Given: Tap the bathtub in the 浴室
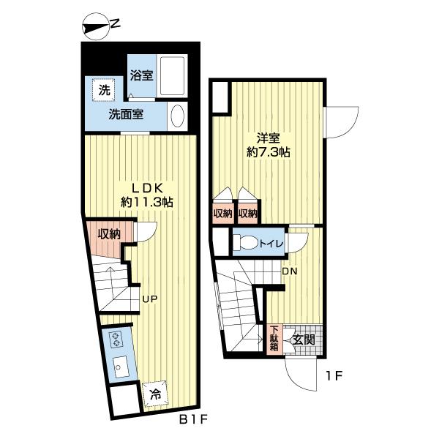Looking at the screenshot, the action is click(x=172, y=76).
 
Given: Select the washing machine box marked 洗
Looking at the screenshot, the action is click(x=104, y=90).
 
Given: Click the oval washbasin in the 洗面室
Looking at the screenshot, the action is click(x=178, y=116).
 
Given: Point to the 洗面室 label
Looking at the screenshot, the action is click(x=126, y=114).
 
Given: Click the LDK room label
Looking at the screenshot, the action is click(x=147, y=189).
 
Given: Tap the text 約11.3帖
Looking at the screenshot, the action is click(x=147, y=202).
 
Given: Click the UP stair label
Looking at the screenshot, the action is click(x=150, y=299).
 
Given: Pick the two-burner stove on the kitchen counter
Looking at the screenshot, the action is click(x=116, y=339).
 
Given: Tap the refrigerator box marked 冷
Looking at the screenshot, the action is click(x=155, y=395).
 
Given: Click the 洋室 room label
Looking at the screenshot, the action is click(x=269, y=138).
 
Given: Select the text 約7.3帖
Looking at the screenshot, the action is click(x=269, y=152).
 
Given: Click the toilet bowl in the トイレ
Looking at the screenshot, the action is click(x=246, y=242).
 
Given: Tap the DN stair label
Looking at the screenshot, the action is click(x=290, y=271).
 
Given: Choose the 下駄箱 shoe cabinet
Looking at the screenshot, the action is click(x=274, y=339).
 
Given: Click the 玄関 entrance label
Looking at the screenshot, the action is click(x=304, y=340).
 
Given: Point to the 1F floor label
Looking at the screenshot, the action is click(x=334, y=376).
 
